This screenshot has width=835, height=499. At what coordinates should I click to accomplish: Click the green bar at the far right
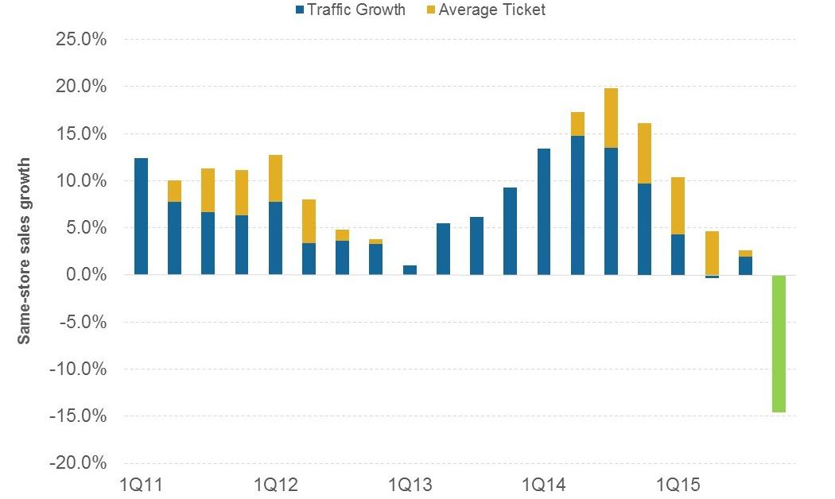tap(779, 343)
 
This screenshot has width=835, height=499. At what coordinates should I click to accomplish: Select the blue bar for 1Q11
tap(141, 216)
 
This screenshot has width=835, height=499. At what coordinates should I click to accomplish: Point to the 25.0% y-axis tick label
tap(79, 39)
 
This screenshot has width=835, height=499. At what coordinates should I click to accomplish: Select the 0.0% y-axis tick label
tap(83, 275)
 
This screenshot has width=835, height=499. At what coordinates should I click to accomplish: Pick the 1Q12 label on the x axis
tap(275, 484)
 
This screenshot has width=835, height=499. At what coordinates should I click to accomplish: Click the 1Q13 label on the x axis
tap(410, 484)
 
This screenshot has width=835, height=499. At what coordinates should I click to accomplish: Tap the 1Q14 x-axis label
tap(544, 484)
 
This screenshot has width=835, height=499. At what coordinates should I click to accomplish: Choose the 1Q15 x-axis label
tap(678, 484)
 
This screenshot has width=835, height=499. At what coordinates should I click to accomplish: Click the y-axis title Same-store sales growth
tap(25, 250)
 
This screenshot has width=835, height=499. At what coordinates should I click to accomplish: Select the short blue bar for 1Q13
tap(410, 270)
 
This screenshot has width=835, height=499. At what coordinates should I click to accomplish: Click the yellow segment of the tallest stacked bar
tap(611, 118)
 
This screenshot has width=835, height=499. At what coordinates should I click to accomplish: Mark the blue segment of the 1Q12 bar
tap(275, 238)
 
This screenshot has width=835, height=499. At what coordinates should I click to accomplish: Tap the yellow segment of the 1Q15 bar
tap(678, 206)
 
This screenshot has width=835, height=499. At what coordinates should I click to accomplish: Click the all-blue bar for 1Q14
tap(544, 211)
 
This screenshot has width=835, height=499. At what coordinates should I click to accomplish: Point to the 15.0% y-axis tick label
tap(79, 133)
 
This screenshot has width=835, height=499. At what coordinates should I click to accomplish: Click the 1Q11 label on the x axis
tap(141, 484)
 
